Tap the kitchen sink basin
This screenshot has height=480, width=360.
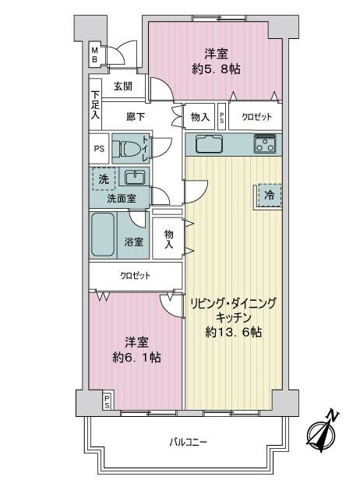click(209, 143)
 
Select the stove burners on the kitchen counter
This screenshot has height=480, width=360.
click(265, 143)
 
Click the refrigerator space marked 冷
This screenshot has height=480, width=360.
click(270, 196)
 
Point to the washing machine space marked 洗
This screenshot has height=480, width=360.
click(104, 179)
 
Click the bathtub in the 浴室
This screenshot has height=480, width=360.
click(103, 235)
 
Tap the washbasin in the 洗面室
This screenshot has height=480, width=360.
click(135, 177)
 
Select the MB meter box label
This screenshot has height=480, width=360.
click(95, 55)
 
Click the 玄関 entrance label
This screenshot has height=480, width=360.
click(123, 86)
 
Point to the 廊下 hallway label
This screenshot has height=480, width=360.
click(136, 116)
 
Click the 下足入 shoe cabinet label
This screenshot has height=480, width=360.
click(95, 105)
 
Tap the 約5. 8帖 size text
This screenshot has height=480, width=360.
click(216, 69)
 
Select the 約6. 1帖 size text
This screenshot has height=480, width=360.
click(136, 357)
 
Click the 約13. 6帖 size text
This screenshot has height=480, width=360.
click(233, 332)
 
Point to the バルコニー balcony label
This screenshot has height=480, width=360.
click(189, 442)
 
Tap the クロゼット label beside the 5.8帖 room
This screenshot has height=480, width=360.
click(256, 117)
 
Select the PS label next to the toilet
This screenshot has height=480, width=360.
click(99, 149)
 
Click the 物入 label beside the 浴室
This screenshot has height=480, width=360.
click(168, 239)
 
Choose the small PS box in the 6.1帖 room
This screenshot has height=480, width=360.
click(108, 401)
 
